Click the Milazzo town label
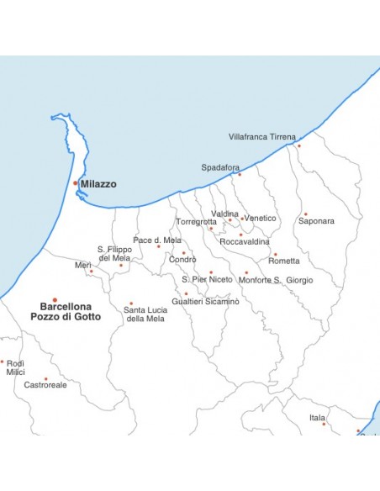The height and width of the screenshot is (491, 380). tap(98, 183)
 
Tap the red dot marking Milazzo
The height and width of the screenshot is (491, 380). tap(76, 182)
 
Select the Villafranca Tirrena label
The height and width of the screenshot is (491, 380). tap(262, 136)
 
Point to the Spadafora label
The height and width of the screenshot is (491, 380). tap(220, 167)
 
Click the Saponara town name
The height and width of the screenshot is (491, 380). tap(316, 221)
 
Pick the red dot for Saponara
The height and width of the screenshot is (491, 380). tap(305, 214)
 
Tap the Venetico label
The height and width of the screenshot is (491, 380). tap(260, 218)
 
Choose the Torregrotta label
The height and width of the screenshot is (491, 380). tap(196, 221)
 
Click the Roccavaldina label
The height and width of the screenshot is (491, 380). tap(245, 241)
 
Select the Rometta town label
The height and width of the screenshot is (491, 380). tap(283, 261)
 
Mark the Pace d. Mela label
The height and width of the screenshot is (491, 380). tap(157, 240)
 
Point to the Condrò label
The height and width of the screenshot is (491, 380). tap(182, 259)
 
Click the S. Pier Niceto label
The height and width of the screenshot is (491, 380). tap(207, 279)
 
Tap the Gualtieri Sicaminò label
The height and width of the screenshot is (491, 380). tap(205, 300)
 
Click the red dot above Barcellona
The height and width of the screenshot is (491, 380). tap(55, 299)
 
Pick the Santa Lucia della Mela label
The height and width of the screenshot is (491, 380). tap(144, 314)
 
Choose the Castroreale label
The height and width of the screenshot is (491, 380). tap(45, 384)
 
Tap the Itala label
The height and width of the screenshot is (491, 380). tap(317, 417)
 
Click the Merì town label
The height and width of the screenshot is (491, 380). tap(83, 265)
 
